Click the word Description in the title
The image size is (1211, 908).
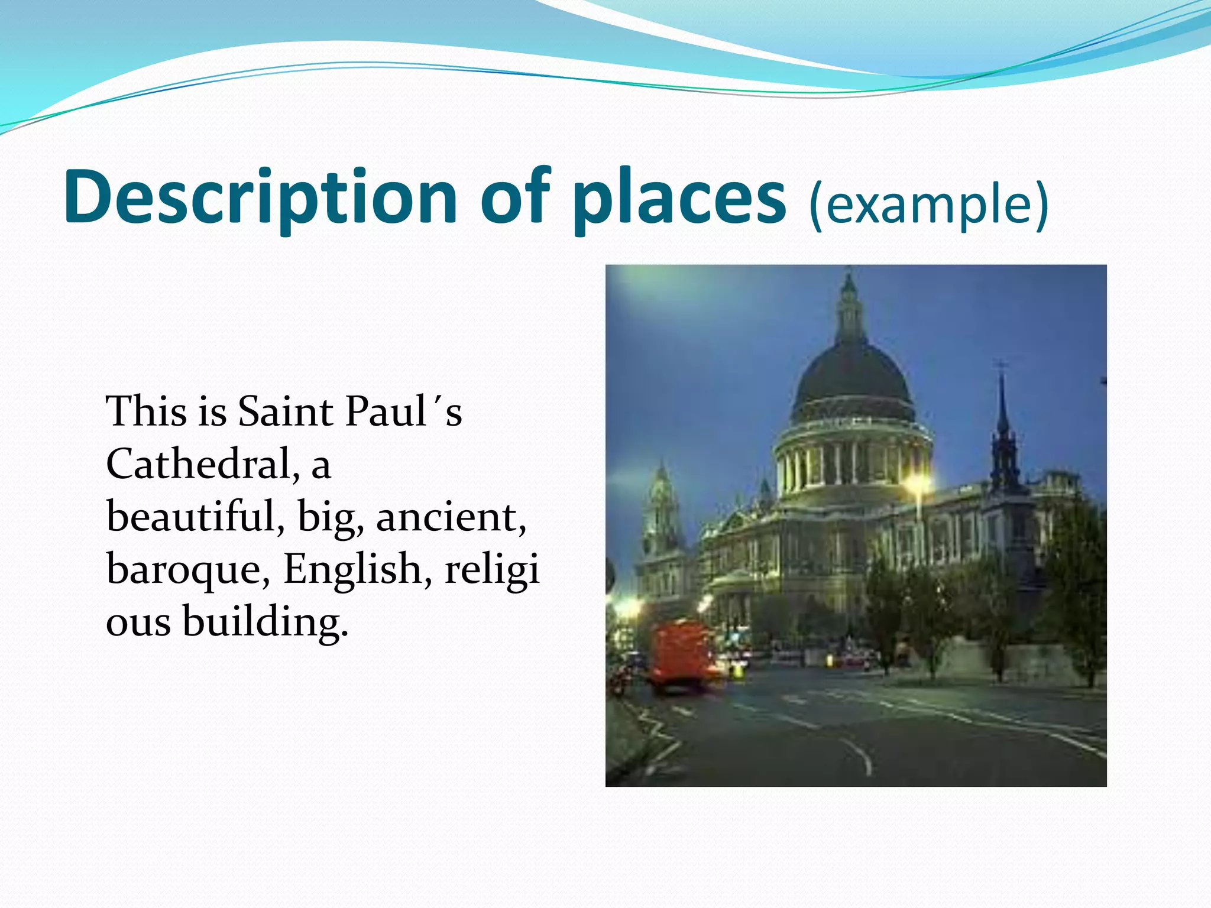tap(260, 198)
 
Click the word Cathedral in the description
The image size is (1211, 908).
tap(198, 464)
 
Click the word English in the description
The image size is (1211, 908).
tap(351, 569)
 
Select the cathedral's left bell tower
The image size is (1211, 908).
tap(660, 514)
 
